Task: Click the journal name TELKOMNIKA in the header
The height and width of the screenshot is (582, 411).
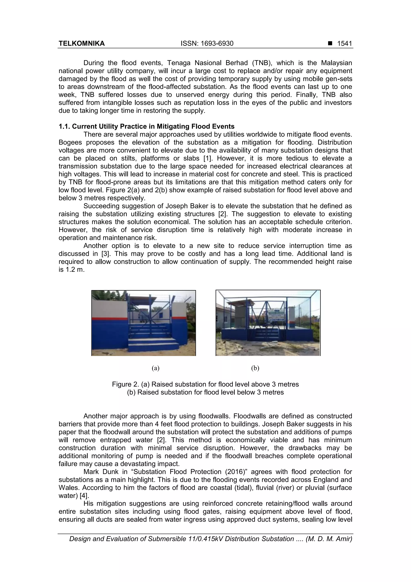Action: tap(81, 43)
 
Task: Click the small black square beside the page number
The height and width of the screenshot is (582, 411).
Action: tap(330, 43)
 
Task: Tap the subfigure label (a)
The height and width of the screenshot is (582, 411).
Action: tap(156, 368)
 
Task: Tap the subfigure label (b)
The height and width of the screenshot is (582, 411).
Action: tap(255, 368)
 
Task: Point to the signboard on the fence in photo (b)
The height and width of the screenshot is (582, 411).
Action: tap(276, 316)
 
